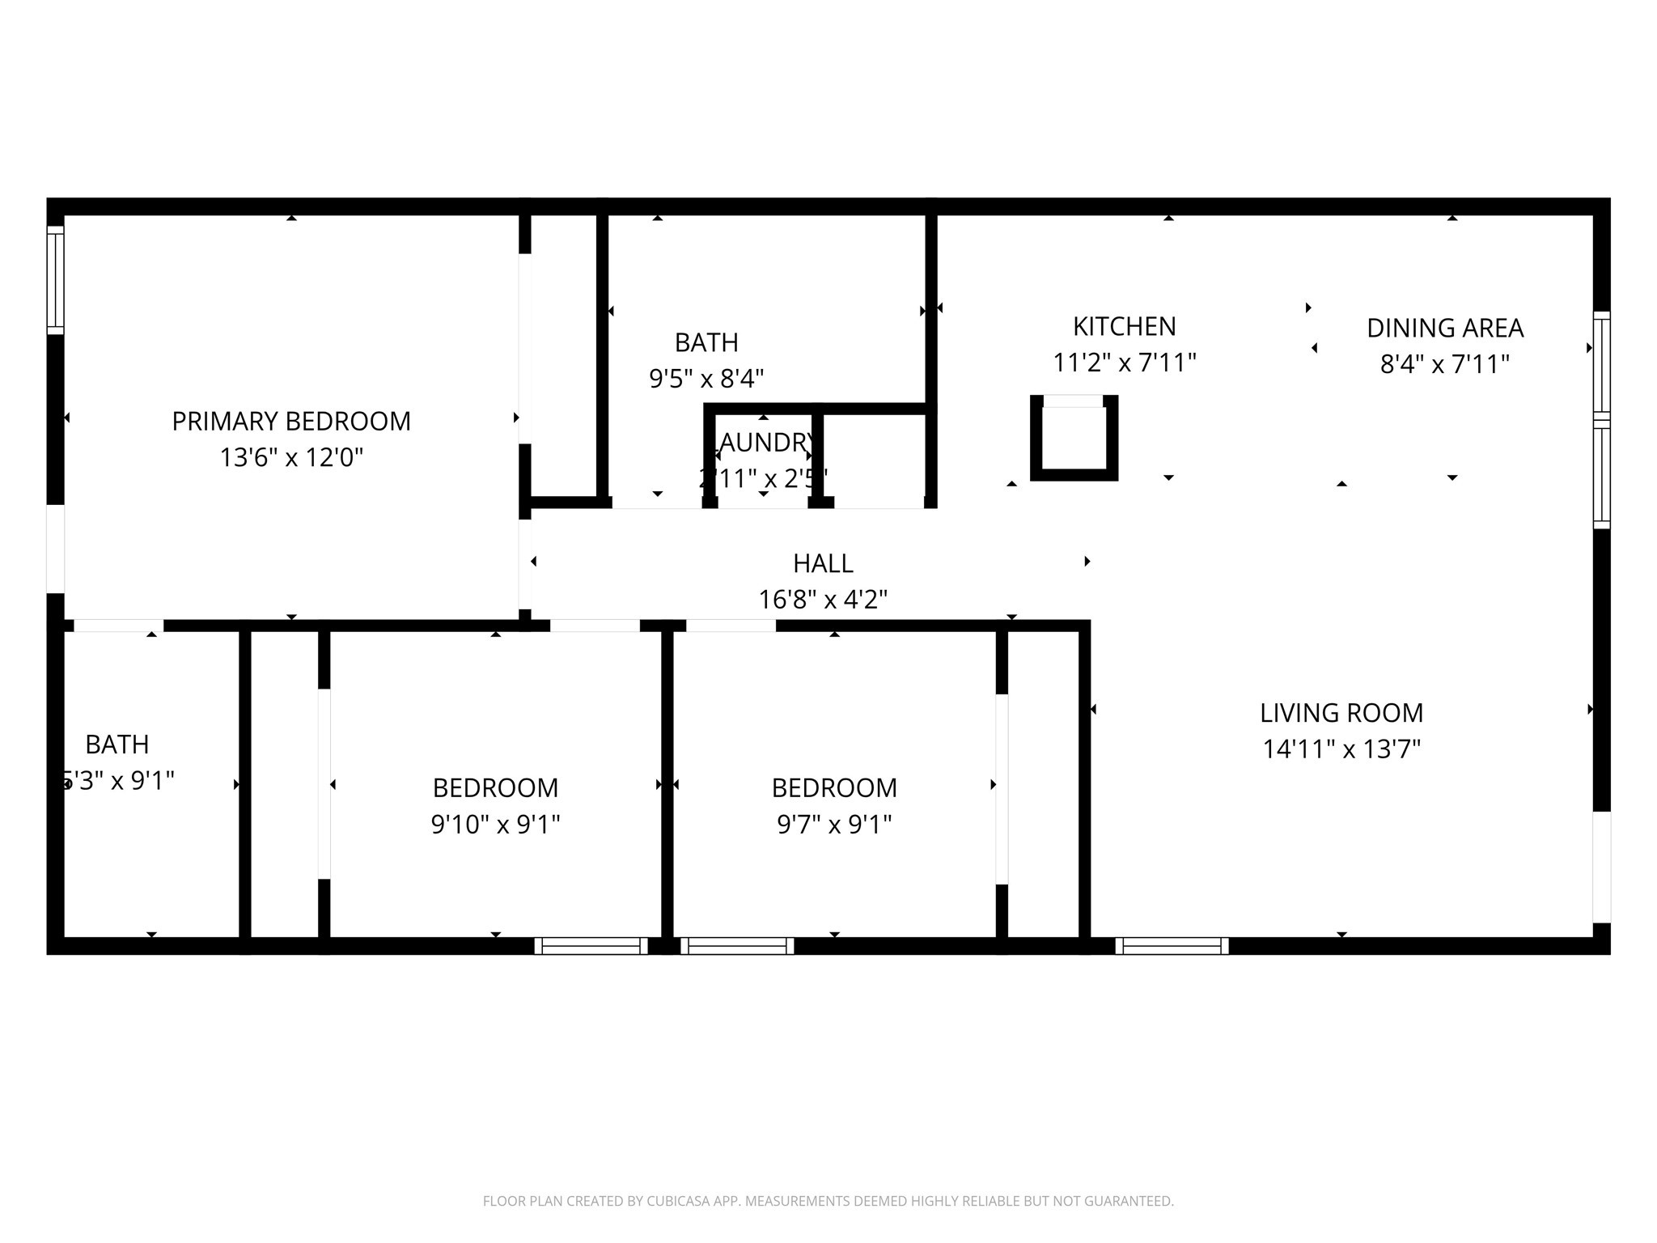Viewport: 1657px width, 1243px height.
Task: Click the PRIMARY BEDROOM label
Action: pyautogui.click(x=291, y=421)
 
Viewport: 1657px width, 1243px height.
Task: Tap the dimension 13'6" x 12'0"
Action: pyautogui.click(x=291, y=458)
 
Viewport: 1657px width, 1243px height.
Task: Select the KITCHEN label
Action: pyautogui.click(x=1124, y=326)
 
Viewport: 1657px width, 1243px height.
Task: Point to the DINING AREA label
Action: pyautogui.click(x=1445, y=328)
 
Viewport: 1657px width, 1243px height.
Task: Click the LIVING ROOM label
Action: pyautogui.click(x=1341, y=712)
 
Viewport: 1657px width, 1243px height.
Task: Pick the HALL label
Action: pyautogui.click(x=823, y=562)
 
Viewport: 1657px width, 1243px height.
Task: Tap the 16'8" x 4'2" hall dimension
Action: pyautogui.click(x=823, y=600)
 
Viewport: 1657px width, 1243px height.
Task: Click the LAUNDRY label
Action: pyautogui.click(x=765, y=443)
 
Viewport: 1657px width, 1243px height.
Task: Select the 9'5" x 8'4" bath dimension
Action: pyautogui.click(x=706, y=379)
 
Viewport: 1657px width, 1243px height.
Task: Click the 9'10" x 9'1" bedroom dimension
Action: pyautogui.click(x=495, y=825)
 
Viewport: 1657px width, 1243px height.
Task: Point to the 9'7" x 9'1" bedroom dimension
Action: pyautogui.click(x=834, y=825)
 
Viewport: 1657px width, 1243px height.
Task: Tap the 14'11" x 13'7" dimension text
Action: pyautogui.click(x=1341, y=749)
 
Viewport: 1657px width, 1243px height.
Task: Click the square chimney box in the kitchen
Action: pyautogui.click(x=1074, y=438)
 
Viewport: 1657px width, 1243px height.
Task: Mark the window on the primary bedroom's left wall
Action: pyautogui.click(x=55, y=279)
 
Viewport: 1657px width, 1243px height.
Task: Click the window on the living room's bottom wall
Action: pyautogui.click(x=1172, y=945)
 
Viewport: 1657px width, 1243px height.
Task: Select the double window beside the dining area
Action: pyautogui.click(x=1601, y=421)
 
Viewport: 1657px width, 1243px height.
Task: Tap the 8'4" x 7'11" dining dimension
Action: pyautogui.click(x=1445, y=364)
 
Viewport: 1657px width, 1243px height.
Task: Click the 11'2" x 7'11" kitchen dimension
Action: pyautogui.click(x=1124, y=363)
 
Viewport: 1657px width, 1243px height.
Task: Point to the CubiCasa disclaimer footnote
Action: pyautogui.click(x=828, y=1201)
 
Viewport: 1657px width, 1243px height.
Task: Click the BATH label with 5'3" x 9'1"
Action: pyautogui.click(x=117, y=744)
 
